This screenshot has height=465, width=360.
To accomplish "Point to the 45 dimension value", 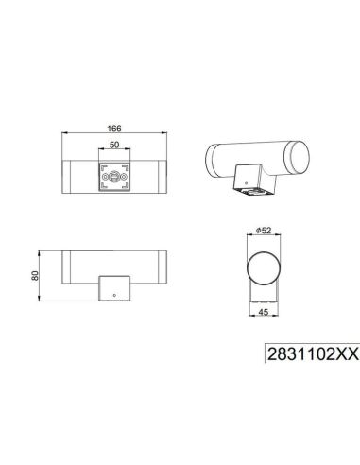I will [265, 319].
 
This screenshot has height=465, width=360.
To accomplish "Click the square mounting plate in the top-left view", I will [113, 175].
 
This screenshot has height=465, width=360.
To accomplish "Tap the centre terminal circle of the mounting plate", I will [113, 175].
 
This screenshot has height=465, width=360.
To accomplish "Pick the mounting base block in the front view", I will [113, 286].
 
